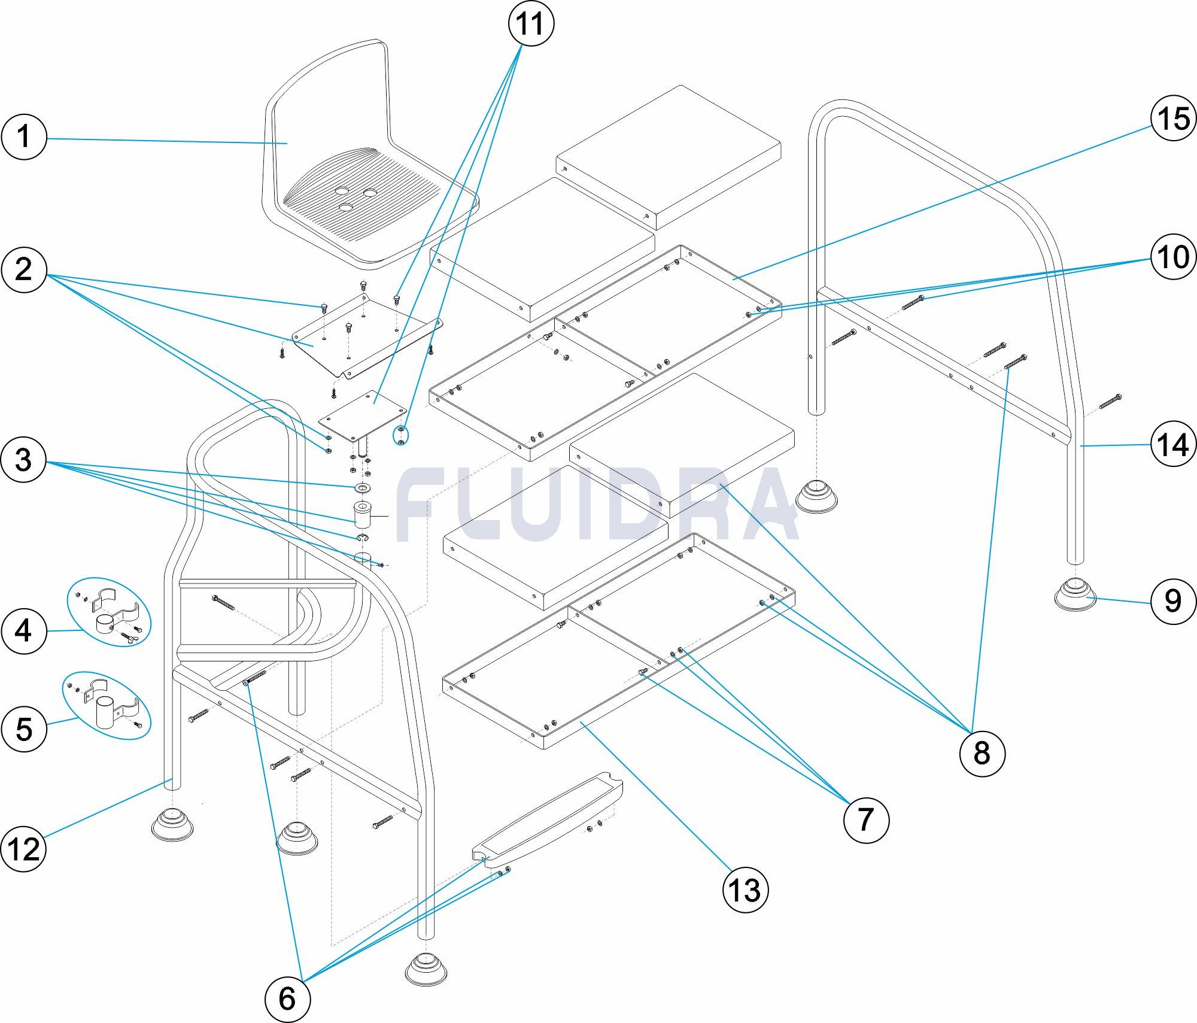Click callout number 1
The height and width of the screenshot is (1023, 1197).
pos(23,136)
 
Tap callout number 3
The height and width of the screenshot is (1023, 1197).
pos(23,460)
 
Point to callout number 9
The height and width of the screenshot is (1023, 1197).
pos(1172,600)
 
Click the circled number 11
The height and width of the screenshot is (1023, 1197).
pos(531,25)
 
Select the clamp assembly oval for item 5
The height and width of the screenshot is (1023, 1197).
pos(107,705)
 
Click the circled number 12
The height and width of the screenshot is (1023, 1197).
pos(23,848)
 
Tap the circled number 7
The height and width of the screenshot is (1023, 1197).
pos(866,819)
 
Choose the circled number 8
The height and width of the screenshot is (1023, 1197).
pos(982,752)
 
